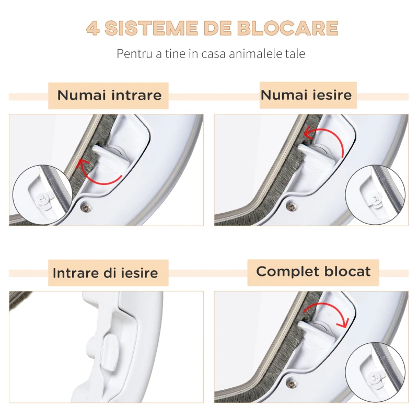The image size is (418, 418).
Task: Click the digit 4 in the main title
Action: coord(93,28)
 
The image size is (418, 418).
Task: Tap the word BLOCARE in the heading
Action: coord(288,28)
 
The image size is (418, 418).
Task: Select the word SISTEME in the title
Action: coord(151,28)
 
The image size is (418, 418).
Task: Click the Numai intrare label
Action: coord(109,96)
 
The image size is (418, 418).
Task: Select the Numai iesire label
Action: coord(306,95)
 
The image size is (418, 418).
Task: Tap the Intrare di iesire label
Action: coord(106,273)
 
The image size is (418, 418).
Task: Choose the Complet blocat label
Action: coord(313,272)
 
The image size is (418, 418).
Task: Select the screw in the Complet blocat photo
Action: coord(292,384)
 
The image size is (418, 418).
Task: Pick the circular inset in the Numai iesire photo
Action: coord(375,195)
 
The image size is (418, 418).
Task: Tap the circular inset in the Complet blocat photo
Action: coord(375,373)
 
